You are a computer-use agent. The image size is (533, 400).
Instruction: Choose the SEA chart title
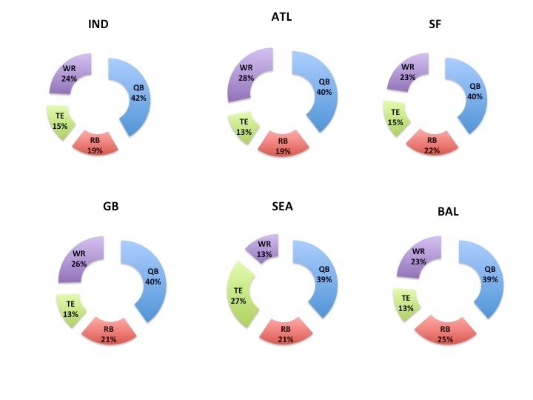(x=284, y=206)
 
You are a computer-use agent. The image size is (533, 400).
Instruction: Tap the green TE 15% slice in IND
(x=61, y=121)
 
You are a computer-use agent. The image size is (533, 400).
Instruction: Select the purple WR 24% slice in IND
(x=70, y=75)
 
